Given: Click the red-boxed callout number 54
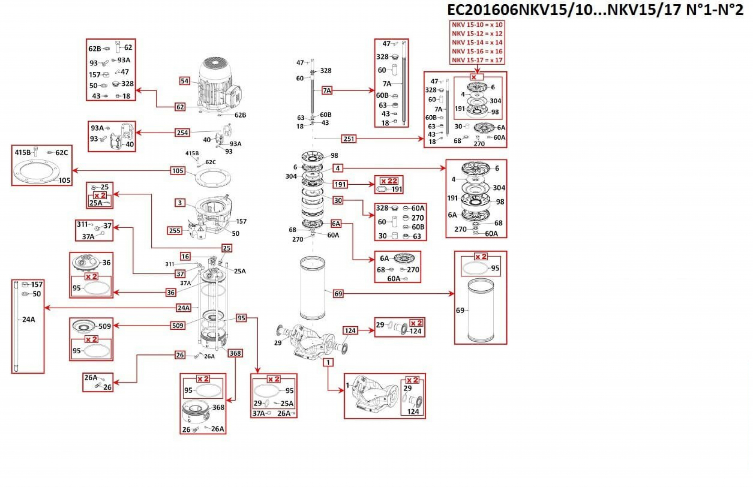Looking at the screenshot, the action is [x=184, y=81].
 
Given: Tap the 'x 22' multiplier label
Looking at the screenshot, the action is [x=389, y=181].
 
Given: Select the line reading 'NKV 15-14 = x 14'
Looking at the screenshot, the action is [x=477, y=42].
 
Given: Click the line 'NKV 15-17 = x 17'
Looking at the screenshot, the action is [x=477, y=60].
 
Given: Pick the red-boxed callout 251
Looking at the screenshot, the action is [x=349, y=138].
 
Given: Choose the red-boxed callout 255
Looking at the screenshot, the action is [x=175, y=231].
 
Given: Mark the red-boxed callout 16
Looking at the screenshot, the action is [x=185, y=256].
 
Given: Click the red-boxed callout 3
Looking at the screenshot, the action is [x=180, y=203].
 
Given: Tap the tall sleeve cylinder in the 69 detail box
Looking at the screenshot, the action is [x=481, y=310].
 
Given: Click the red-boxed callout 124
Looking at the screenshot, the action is [x=350, y=331].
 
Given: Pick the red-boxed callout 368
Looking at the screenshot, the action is [x=235, y=353].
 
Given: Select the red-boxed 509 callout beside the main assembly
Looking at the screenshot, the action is [x=178, y=325].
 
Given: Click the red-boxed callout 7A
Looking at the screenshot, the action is [x=327, y=91].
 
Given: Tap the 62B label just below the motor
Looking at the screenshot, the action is [x=240, y=115].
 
